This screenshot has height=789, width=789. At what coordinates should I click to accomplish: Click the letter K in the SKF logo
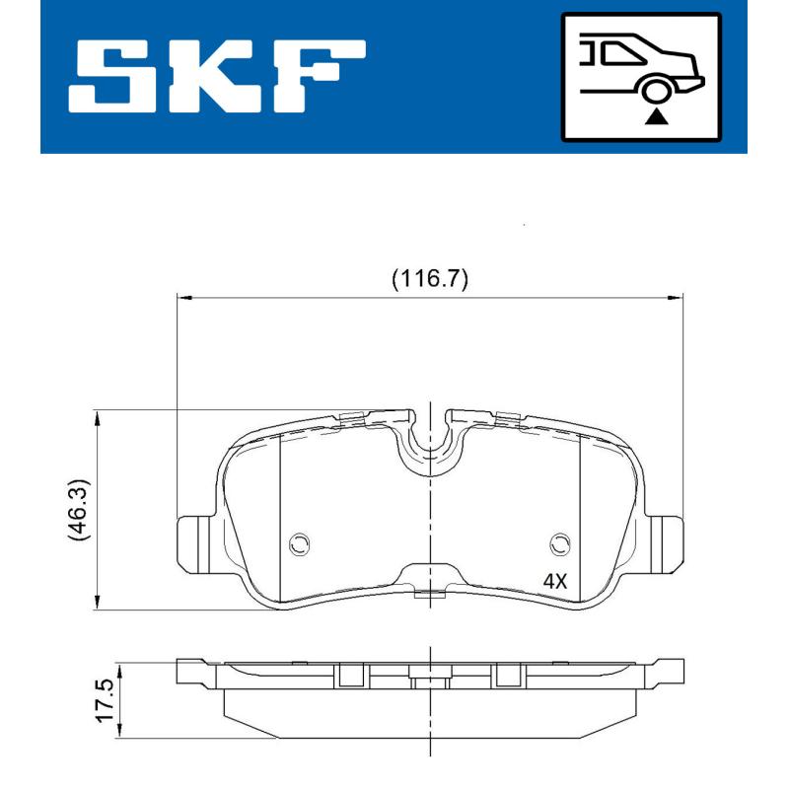coord(220,76)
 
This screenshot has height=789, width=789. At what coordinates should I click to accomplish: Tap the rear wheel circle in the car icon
coord(655,92)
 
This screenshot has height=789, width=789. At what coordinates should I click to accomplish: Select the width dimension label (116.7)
coord(429,278)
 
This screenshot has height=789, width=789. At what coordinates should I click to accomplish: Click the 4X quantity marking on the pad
coord(555,581)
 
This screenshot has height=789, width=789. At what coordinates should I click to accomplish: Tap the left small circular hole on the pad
coord(300,543)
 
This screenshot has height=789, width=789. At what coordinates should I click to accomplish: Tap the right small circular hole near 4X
coord(560,543)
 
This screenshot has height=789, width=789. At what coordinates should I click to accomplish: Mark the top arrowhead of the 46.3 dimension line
coord(97,417)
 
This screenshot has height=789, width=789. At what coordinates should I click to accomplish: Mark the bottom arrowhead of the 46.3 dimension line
coord(97,604)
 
